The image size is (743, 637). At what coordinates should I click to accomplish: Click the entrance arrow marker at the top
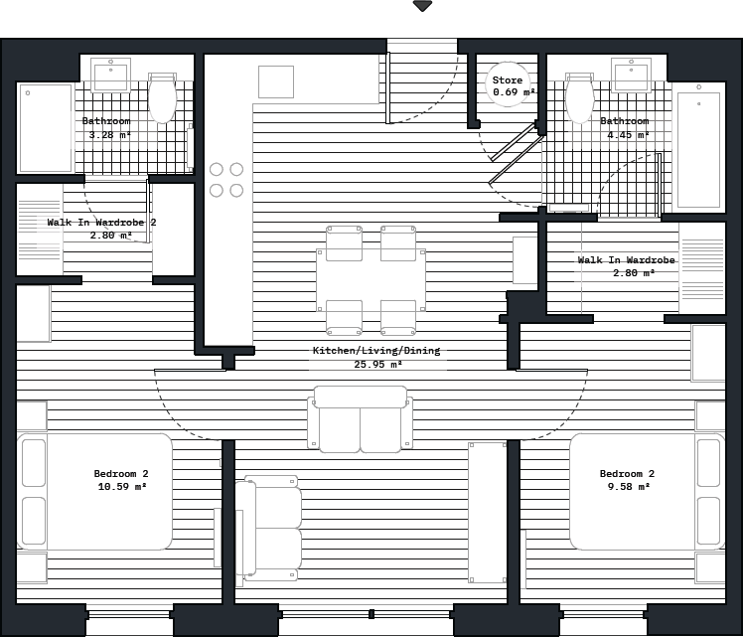(x=422, y=6)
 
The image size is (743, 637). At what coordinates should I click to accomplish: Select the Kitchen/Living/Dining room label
(x=376, y=358)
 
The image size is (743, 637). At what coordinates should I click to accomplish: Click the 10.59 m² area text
(x=121, y=488)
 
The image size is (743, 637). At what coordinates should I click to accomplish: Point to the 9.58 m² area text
(x=628, y=488)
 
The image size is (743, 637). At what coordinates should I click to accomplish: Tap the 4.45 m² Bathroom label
(x=625, y=128)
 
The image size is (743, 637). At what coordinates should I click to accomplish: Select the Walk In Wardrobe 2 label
(x=101, y=229)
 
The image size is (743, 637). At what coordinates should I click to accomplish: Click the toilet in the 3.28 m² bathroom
(x=161, y=97)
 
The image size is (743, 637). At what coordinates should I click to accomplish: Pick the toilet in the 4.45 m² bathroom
(x=579, y=97)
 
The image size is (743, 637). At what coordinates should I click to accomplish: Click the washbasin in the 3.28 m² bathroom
(x=110, y=75)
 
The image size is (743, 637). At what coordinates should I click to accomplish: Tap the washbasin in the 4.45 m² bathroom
(x=631, y=75)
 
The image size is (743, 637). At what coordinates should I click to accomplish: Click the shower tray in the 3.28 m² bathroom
(x=45, y=127)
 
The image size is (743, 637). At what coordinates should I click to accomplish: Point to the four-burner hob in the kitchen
(x=226, y=180)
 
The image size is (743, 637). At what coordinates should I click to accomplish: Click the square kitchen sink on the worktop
(x=276, y=81)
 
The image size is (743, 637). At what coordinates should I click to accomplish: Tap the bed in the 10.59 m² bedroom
(x=95, y=492)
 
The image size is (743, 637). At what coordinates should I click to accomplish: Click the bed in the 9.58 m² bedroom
(x=646, y=492)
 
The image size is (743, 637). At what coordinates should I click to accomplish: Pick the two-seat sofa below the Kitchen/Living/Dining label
(x=360, y=419)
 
